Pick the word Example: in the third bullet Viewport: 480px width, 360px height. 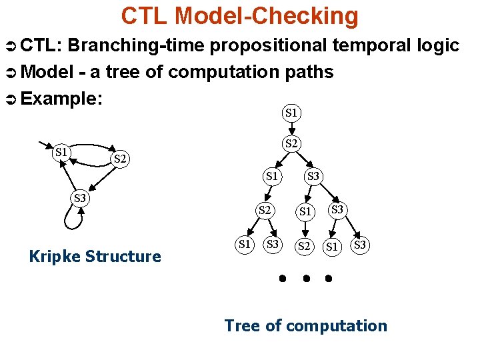pos(62,99)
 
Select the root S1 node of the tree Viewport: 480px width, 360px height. pos(291,113)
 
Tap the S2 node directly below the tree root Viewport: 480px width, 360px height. pos(291,143)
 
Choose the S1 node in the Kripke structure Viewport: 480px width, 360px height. pos(62,152)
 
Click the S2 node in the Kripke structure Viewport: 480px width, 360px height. pos(121,159)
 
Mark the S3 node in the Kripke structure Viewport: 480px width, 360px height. pos(80,198)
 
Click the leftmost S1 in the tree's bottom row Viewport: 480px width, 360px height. pos(245,244)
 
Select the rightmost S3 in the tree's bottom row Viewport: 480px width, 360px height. pos(361,245)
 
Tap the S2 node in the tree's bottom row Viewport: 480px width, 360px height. pos(304,246)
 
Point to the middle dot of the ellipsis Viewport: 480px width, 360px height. pos(305,277)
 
